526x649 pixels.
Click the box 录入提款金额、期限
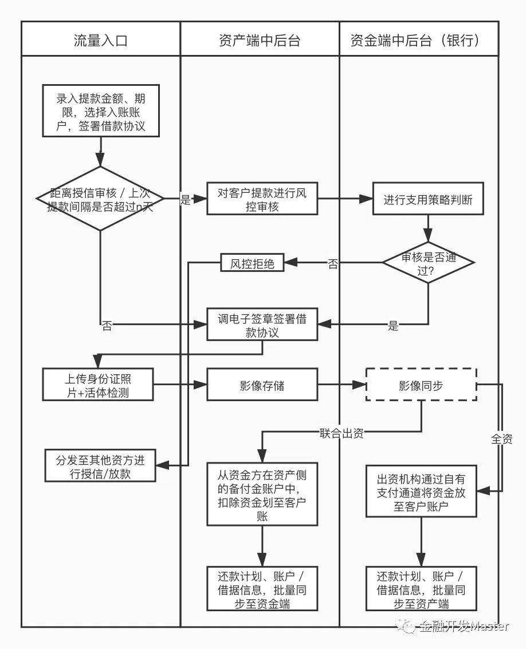(x=101, y=111)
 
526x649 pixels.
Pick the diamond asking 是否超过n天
(x=101, y=199)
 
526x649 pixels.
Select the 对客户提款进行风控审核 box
(x=262, y=199)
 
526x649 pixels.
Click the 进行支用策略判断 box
(x=428, y=199)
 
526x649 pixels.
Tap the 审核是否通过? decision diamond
(x=428, y=263)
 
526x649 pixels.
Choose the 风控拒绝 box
(x=252, y=263)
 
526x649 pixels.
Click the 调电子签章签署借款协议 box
(x=262, y=325)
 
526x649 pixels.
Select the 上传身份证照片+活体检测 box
(x=98, y=385)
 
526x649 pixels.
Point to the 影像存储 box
(x=262, y=385)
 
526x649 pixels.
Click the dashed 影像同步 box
(x=421, y=385)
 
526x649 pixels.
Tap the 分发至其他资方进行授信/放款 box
(x=100, y=466)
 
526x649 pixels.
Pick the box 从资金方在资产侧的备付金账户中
(x=262, y=494)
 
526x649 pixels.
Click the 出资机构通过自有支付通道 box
(x=421, y=491)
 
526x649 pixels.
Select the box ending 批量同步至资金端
(x=262, y=588)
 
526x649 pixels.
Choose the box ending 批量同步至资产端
(x=421, y=588)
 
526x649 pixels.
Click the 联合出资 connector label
(x=341, y=433)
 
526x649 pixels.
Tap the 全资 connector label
(x=502, y=439)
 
